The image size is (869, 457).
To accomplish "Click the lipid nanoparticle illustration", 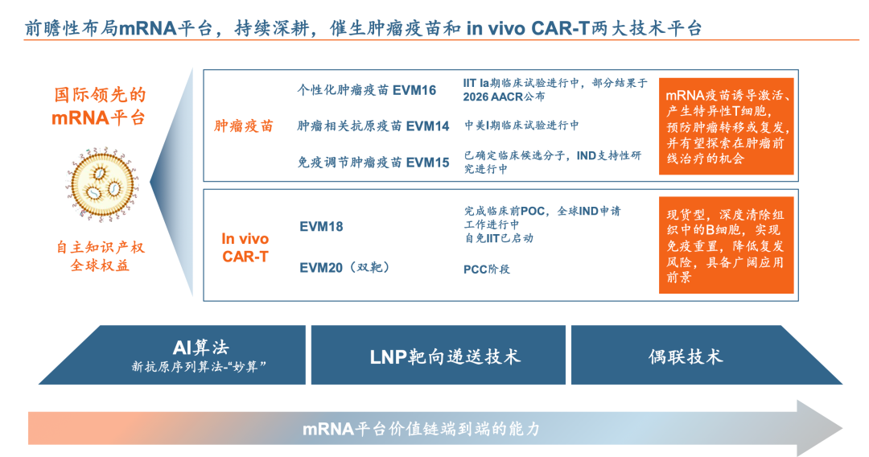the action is pos(102,184).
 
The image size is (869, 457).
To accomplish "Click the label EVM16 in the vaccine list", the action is pos(414,90).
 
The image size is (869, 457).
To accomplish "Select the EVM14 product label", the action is pos(427,126).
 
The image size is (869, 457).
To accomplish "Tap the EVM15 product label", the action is pos(427,163).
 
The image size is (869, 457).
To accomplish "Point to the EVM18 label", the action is pos(321,227).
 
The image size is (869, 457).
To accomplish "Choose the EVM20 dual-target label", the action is pos(344,268).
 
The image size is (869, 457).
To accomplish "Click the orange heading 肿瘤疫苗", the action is pos(244,126).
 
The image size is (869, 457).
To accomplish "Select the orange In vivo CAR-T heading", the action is pos(245,248).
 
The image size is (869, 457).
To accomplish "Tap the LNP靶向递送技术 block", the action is pos(439,355).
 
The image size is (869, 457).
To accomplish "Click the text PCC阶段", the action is pos(487,270).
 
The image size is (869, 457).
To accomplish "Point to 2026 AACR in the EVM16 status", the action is pos(492,97).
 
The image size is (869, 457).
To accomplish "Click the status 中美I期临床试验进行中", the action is pos(521,126).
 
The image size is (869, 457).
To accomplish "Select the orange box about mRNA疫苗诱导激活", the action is pos(726,126).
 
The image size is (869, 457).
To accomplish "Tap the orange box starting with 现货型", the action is pos(726,245).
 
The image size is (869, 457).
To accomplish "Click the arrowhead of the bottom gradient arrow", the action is pos(820,428).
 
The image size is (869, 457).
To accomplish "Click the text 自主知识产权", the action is pos(101,247).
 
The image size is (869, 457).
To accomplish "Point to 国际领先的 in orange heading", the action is pos(100,95).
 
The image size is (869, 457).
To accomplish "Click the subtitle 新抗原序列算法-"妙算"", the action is pos(199,366).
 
